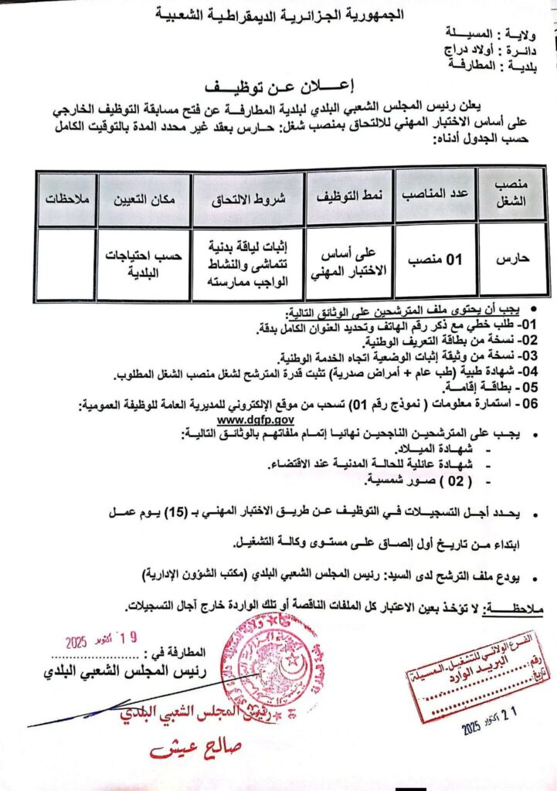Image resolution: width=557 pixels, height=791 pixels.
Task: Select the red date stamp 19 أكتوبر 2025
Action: click(x=101, y=640)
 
